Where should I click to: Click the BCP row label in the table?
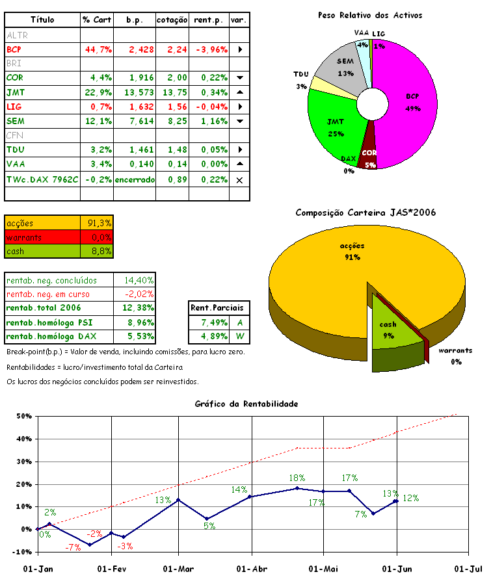click(14, 49)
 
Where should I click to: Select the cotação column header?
click(172, 20)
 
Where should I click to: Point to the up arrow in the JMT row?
click(239, 92)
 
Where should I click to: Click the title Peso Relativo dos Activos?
click(369, 15)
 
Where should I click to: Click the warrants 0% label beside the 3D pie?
click(455, 356)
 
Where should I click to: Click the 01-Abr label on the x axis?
click(251, 569)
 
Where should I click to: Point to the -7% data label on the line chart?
click(73, 547)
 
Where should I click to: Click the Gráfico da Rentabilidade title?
click(246, 404)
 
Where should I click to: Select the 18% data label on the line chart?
click(297, 478)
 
